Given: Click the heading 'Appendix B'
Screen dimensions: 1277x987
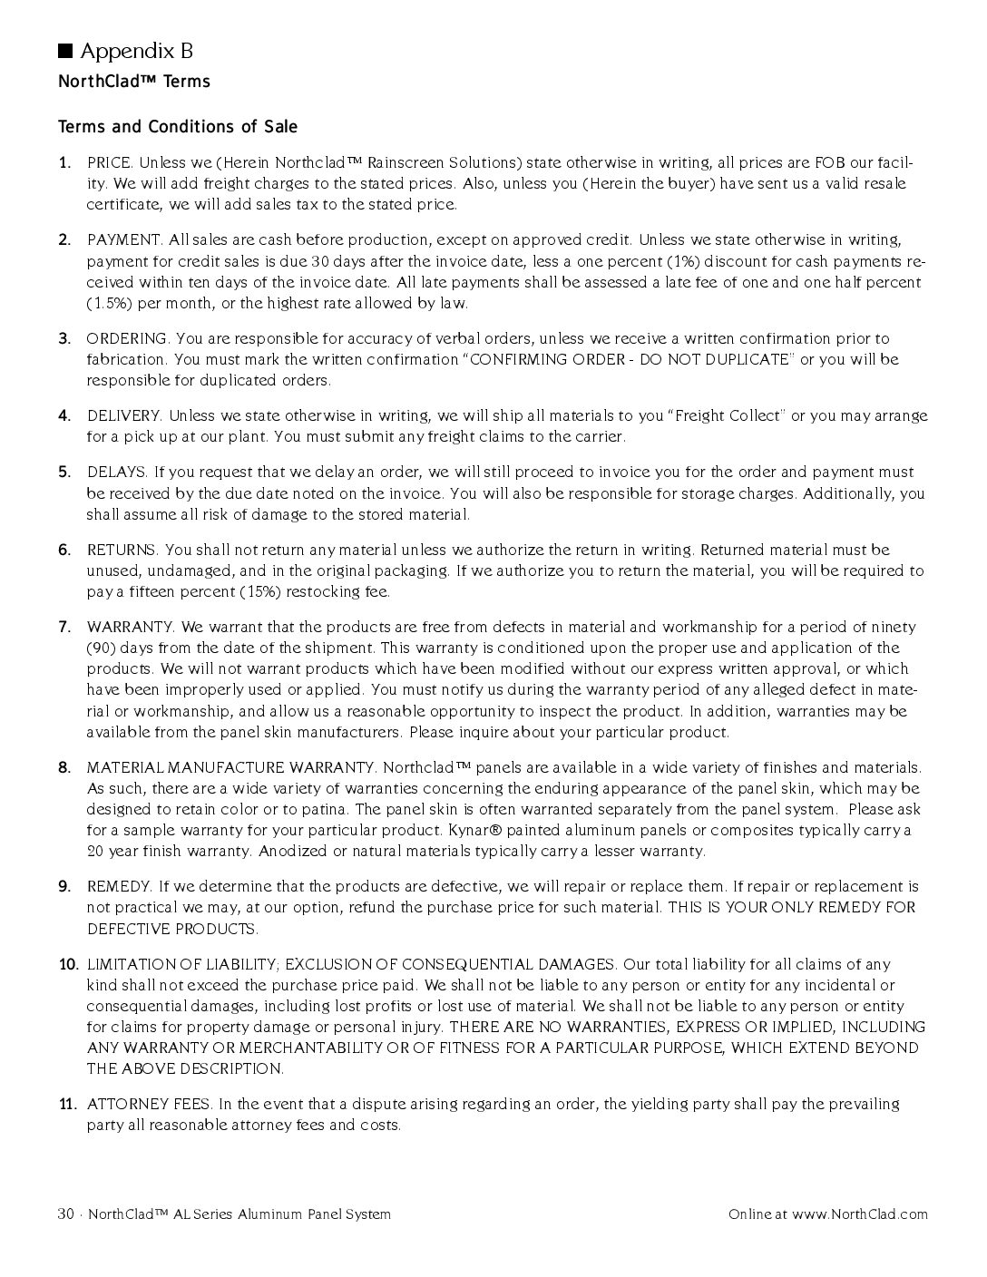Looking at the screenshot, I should click(x=137, y=51).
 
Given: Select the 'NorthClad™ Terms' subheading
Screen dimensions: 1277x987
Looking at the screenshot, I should click(x=134, y=82).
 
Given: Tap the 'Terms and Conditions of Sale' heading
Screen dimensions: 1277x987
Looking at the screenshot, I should click(x=178, y=126).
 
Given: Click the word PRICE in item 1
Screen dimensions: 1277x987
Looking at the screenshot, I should click(x=110, y=163).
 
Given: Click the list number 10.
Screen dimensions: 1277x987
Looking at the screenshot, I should click(x=68, y=965).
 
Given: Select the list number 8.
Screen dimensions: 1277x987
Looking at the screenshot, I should click(x=64, y=768).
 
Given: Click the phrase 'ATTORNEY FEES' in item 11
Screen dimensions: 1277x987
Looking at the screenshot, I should click(x=149, y=1105).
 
